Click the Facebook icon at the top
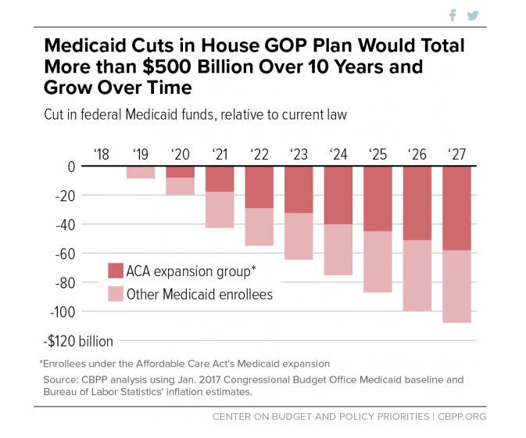tap(453, 15)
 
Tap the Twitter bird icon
tap(473, 15)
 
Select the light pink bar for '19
tap(141, 172)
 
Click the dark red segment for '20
tap(180, 172)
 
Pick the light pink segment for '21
tap(220, 210)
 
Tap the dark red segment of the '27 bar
tap(457, 208)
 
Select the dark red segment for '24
tap(338, 196)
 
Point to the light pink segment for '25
tap(378, 261)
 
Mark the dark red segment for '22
tap(259, 187)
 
